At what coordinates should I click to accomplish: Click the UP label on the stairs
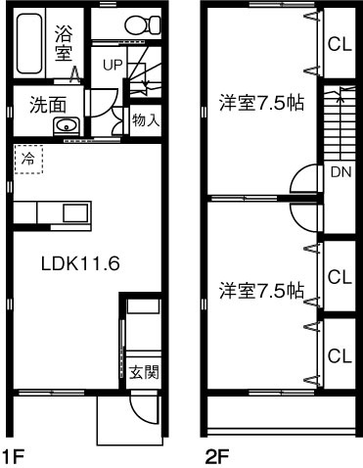pyautogui.click(x=113, y=65)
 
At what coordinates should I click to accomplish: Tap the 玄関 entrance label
pyautogui.click(x=142, y=372)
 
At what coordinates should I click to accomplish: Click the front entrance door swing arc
pyautogui.click(x=145, y=411)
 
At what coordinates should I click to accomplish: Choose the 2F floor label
pyautogui.click(x=216, y=455)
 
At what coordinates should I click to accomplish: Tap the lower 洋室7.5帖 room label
pyautogui.click(x=259, y=291)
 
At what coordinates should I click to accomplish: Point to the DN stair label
pyautogui.click(x=340, y=174)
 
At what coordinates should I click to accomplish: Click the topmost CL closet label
pyautogui.click(x=340, y=43)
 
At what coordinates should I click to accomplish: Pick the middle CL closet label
pyautogui.click(x=340, y=277)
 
